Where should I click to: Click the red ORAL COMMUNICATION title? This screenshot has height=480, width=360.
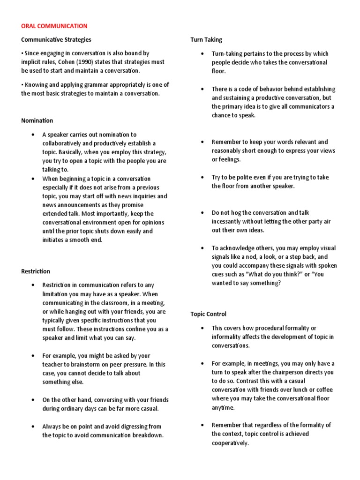point(54,26)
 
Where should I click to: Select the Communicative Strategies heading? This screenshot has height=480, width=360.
point(56,40)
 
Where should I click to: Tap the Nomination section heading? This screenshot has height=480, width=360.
point(37,120)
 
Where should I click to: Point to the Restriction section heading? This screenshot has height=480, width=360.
point(36,271)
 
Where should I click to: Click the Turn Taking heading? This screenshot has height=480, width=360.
point(206,40)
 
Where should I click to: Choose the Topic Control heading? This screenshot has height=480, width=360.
point(208,314)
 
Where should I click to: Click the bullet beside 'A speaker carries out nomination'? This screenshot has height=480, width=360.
point(33,135)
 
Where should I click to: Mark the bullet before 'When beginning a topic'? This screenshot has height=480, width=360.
point(33,179)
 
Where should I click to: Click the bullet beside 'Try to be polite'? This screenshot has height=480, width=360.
point(202,177)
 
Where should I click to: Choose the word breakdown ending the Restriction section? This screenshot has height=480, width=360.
point(148,435)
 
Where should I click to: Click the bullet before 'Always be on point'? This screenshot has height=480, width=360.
point(33,426)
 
